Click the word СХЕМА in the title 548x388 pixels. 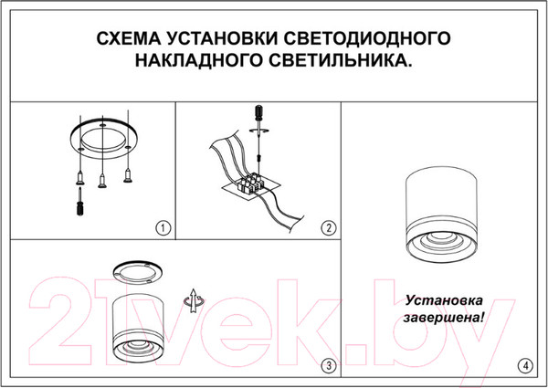point(129,40)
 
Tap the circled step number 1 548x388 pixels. point(163,227)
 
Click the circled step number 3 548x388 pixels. point(328,366)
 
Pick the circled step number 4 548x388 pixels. point(523,366)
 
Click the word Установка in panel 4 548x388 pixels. point(445,300)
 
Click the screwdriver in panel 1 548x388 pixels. point(80,200)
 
